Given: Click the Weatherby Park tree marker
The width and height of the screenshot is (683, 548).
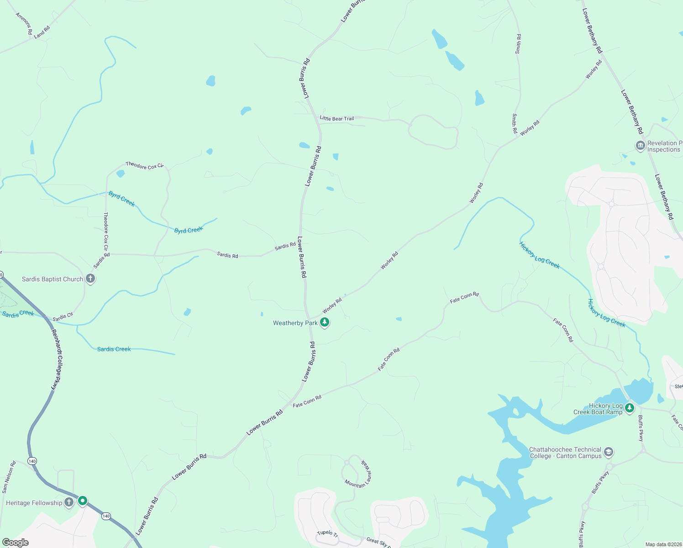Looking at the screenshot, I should pyautogui.click(x=325, y=322).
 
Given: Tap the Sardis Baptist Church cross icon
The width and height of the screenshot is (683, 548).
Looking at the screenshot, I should pyautogui.click(x=90, y=278).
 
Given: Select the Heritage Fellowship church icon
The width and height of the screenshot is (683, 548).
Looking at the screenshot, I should pyautogui.click(x=69, y=502).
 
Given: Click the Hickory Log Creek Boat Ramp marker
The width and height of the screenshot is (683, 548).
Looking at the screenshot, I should pyautogui.click(x=630, y=407).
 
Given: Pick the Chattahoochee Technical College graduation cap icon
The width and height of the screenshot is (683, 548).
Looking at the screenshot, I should pyautogui.click(x=608, y=452).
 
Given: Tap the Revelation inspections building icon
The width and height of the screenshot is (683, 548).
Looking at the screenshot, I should pyautogui.click(x=640, y=146).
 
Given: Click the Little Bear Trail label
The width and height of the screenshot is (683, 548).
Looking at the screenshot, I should pyautogui.click(x=337, y=119).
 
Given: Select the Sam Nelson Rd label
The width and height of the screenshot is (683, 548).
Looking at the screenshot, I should pyautogui.click(x=8, y=477).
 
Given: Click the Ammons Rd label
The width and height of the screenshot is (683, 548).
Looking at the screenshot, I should pyautogui.click(x=24, y=23).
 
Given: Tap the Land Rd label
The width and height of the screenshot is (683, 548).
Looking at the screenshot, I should pyautogui.click(x=42, y=32).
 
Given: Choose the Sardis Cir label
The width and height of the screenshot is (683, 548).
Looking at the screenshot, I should pyautogui.click(x=63, y=316).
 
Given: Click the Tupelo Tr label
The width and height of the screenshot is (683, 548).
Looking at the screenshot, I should pyautogui.click(x=327, y=534).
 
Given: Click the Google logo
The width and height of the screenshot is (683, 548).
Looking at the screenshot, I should pyautogui.click(x=16, y=543).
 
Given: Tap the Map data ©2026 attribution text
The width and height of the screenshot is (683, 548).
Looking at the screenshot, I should pyautogui.click(x=663, y=544).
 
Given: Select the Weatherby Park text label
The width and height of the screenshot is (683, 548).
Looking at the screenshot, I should pyautogui.click(x=295, y=323).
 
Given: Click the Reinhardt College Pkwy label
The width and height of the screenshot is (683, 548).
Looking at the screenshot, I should pyautogui.click(x=56, y=359).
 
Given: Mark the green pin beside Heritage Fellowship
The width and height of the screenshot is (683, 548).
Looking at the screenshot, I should pyautogui.click(x=83, y=501).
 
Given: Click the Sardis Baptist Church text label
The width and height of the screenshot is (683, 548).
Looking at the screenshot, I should pyautogui.click(x=53, y=279).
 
